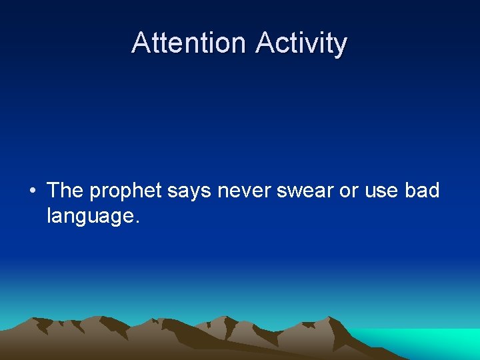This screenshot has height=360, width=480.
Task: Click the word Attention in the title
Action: pyautogui.click(x=189, y=43)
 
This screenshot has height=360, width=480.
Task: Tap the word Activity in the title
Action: pyautogui.click(x=301, y=43)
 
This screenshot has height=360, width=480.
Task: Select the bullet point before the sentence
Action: pyautogui.click(x=32, y=191)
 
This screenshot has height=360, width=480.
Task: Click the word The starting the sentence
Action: pyautogui.click(x=65, y=191)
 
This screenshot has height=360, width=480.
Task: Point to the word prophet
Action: pyautogui.click(x=125, y=191)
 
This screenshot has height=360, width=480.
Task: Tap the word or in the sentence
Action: pyautogui.click(x=349, y=191)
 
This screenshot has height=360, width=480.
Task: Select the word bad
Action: pyautogui.click(x=422, y=191)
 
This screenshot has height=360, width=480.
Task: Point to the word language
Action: pyautogui.click(x=90, y=215)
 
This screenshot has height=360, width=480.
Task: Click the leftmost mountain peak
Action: pyautogui.click(x=40, y=321)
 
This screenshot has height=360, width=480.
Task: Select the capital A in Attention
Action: pyautogui.click(x=141, y=43)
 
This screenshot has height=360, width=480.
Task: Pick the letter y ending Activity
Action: pyautogui.click(x=341, y=45)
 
